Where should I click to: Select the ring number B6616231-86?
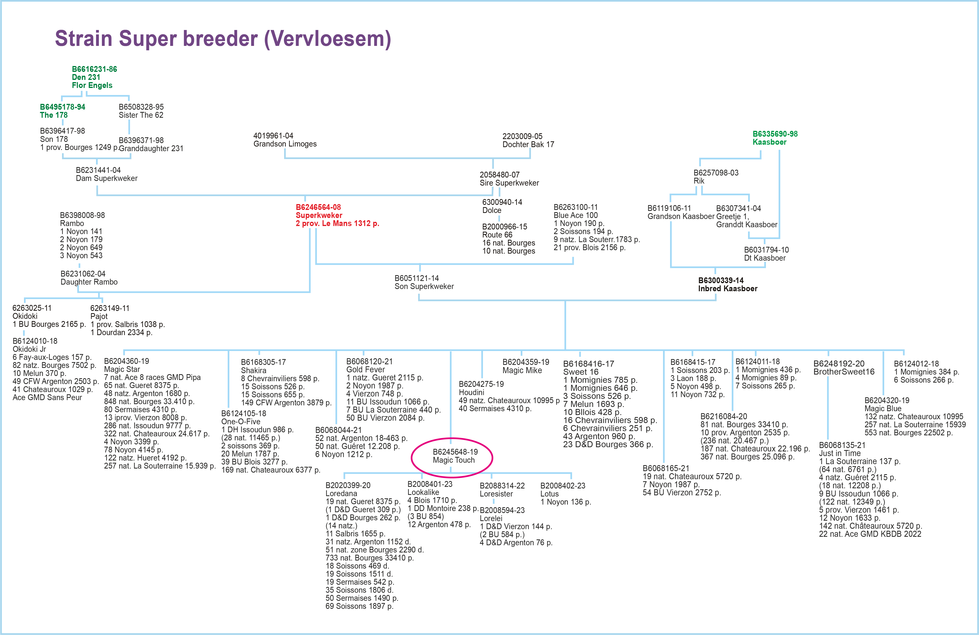click(x=94, y=69)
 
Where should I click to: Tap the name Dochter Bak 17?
click(x=528, y=144)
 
